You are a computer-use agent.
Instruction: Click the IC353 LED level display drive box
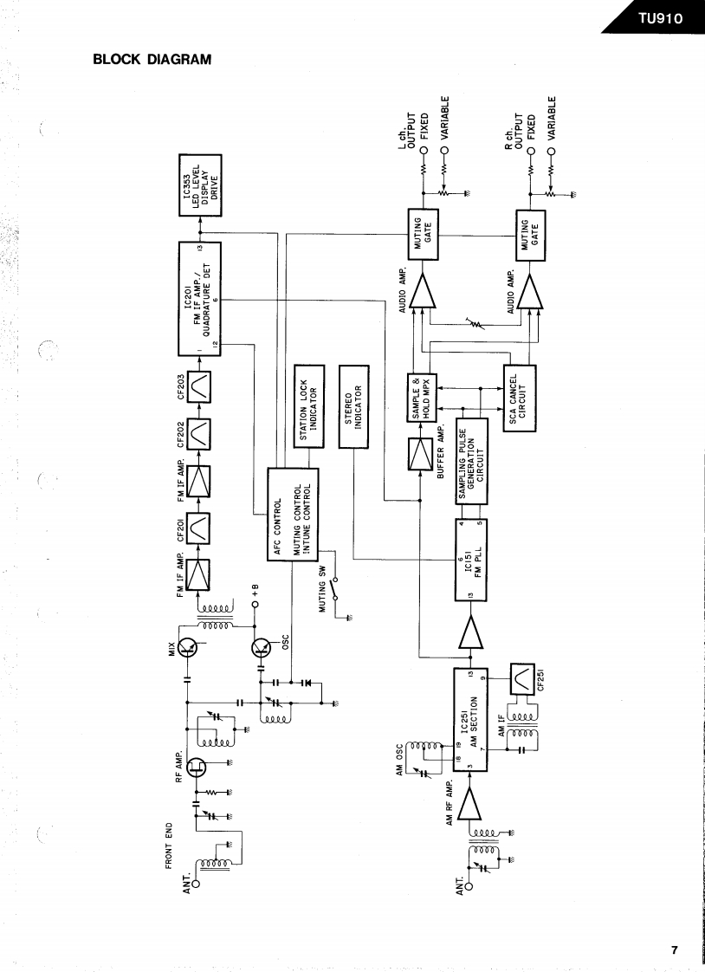(200, 184)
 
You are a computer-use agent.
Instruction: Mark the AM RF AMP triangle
(469, 804)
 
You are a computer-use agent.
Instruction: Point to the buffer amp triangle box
(420, 455)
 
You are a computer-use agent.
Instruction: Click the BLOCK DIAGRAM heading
(152, 60)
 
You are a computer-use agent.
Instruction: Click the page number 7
(675, 949)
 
